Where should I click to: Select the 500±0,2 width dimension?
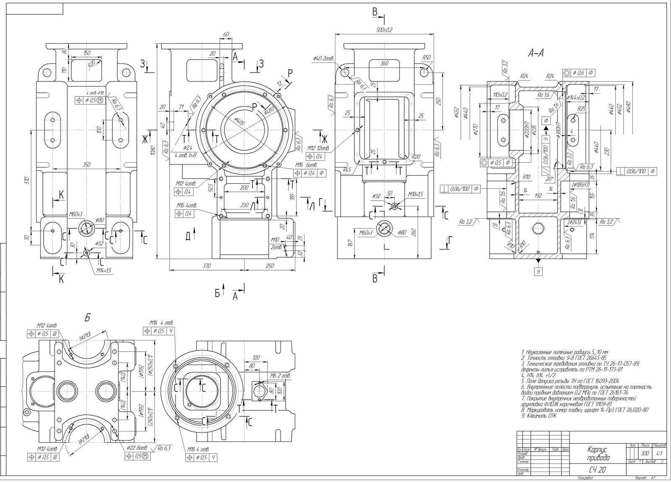click(x=384, y=30)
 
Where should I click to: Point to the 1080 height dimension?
click(x=153, y=150)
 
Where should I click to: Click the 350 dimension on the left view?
click(x=86, y=165)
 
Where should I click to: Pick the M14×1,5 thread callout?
click(x=103, y=271)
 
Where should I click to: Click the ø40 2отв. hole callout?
click(x=323, y=58)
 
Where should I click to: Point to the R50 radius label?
click(x=427, y=57)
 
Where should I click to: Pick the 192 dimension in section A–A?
click(x=538, y=196)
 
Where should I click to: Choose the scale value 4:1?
click(x=659, y=453)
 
